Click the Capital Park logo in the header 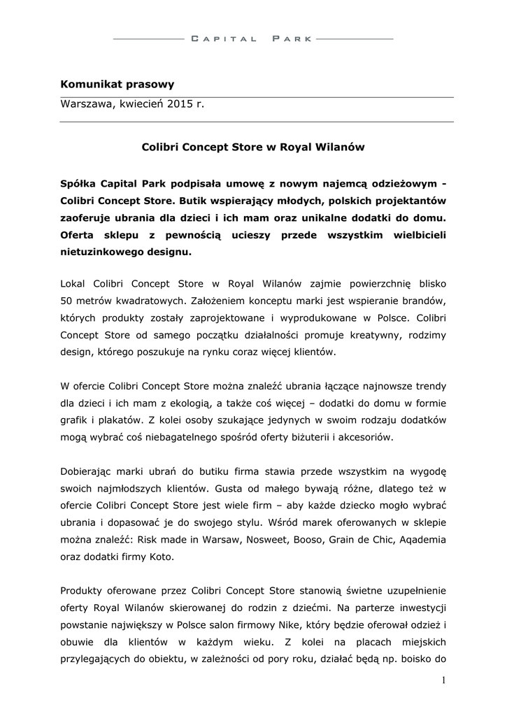252,39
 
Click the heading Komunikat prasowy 117,84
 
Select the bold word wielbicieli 415,234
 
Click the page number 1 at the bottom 443,680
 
